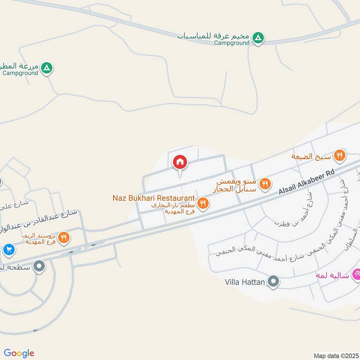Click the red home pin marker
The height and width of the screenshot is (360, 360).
(x=180, y=162)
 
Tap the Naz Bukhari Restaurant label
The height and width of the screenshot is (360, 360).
(x=154, y=198)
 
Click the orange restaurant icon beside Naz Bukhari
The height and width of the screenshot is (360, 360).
(x=203, y=203)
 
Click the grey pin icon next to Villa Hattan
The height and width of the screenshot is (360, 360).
(x=273, y=282)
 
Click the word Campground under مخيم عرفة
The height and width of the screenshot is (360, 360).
(x=231, y=43)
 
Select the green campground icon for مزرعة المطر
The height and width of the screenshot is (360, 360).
(x=47, y=68)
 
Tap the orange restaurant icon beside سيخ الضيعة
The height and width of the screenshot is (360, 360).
(x=340, y=156)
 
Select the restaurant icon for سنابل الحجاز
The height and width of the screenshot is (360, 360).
(x=265, y=183)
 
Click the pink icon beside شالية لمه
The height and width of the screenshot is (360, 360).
(x=356, y=273)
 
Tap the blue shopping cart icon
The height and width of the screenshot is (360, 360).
(x=9, y=249)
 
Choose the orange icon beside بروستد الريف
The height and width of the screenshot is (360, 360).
(x=64, y=237)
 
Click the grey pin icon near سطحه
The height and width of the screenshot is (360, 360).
(x=39, y=266)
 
